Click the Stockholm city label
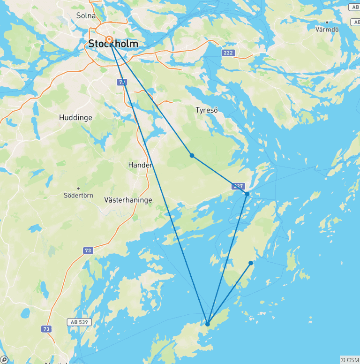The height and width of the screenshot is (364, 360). [x=113, y=45]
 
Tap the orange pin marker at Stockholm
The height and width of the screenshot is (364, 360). [x=109, y=40]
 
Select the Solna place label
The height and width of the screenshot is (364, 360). [x=86, y=15]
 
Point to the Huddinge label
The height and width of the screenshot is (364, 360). [x=75, y=117]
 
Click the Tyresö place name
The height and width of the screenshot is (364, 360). [x=206, y=110]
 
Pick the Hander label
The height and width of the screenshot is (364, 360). [x=140, y=165]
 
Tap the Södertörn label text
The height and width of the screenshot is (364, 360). [x=78, y=195]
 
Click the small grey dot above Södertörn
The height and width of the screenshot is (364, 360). [x=78, y=188]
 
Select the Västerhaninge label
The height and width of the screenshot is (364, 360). [x=128, y=200]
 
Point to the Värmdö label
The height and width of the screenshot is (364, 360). [x=327, y=29]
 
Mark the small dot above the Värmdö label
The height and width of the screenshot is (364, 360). [x=327, y=22]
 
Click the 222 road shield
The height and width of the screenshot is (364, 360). [x=228, y=53]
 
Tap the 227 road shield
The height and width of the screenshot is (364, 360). [x=238, y=186]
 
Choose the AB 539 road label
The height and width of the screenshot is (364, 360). [x=79, y=322]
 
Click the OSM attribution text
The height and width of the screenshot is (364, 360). [x=350, y=360]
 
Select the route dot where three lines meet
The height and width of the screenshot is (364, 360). [x=207, y=324]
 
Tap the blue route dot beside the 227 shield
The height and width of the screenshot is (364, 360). [x=247, y=194]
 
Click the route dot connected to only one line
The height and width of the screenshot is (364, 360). [x=251, y=263]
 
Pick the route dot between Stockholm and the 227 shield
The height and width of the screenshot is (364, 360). [x=192, y=155]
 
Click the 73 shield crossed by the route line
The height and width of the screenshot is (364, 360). [x=122, y=82]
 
